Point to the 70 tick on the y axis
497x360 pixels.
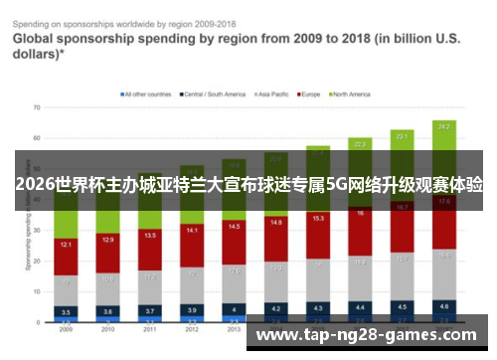point(37,106)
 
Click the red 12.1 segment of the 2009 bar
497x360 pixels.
point(66,245)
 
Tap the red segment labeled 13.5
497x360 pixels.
point(150,236)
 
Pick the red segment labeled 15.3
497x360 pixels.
point(318,218)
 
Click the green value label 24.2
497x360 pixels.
point(443,127)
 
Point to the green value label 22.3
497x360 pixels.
point(360,143)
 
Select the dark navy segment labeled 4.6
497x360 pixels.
point(443,307)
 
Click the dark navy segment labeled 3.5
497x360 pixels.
point(66,311)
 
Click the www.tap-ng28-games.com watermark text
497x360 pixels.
point(368,335)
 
